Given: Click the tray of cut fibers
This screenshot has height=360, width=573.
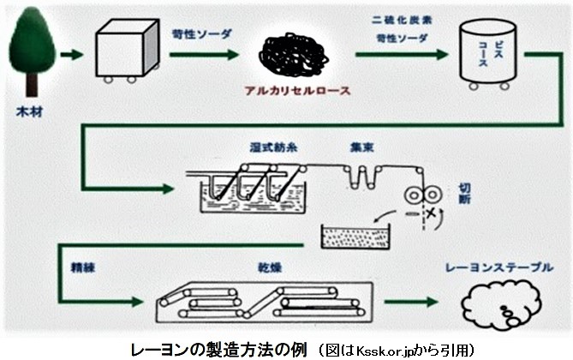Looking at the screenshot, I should click(x=353, y=234).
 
